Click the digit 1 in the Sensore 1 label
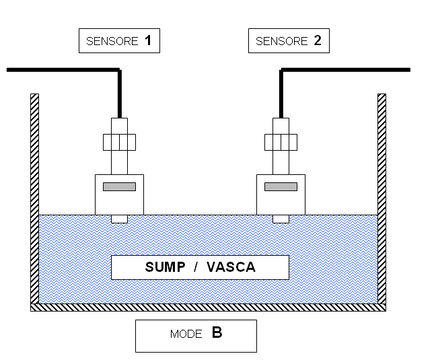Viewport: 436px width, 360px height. pyautogui.click(x=148, y=40)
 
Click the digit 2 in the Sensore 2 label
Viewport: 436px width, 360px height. pyautogui.click(x=318, y=40)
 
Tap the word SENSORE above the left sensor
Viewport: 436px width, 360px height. pyautogui.click(x=112, y=42)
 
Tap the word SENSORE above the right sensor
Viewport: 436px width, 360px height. pyautogui.click(x=282, y=42)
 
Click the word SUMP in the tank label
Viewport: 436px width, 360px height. pyautogui.click(x=165, y=267)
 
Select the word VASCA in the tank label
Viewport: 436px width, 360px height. pyautogui.click(x=231, y=267)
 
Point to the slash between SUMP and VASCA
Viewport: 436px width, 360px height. pyautogui.click(x=196, y=267)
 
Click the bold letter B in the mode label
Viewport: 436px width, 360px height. pyautogui.click(x=217, y=332)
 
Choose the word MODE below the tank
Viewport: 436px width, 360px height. pyautogui.click(x=186, y=334)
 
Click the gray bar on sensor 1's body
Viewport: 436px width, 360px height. pyautogui.click(x=119, y=186)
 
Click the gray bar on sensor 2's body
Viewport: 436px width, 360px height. pyautogui.click(x=281, y=186)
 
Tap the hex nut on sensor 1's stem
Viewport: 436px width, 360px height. pyautogui.click(x=119, y=143)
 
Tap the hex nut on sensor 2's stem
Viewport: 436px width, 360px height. pyautogui.click(x=281, y=143)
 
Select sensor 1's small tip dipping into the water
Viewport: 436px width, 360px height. pyautogui.click(x=119, y=219)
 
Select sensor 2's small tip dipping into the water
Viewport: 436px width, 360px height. pyautogui.click(x=281, y=219)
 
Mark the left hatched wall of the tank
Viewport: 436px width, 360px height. pyautogui.click(x=35, y=199)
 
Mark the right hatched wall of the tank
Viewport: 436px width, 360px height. pyautogui.click(x=381, y=199)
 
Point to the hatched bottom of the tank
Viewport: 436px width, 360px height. pyautogui.click(x=209, y=308)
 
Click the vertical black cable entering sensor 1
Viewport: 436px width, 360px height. pyautogui.click(x=120, y=94)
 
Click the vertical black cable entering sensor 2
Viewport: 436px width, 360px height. pyautogui.click(x=281, y=94)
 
